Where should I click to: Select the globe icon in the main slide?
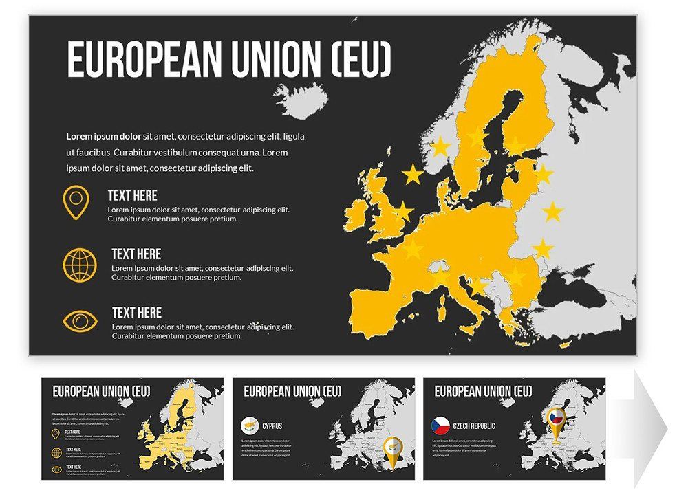pos(80,263)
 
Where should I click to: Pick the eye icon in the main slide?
pos(80,321)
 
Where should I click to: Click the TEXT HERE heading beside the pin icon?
pos(132,195)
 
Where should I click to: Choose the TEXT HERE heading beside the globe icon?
pos(136,254)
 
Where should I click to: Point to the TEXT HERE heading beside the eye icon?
pos(137,313)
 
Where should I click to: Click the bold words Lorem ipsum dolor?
pos(103,136)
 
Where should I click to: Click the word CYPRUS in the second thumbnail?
pos(272,426)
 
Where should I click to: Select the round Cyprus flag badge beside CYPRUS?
pos(250,426)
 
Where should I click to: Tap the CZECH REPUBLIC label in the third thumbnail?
pos(473,426)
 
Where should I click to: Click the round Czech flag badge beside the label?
pos(440,426)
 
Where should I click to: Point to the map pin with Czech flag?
pos(555,419)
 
